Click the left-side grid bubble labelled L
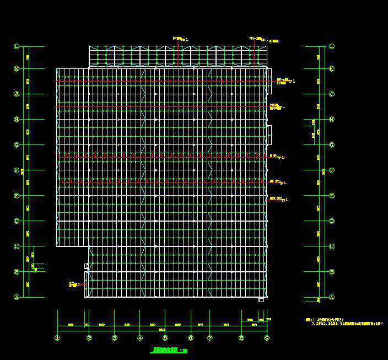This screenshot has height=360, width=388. (x=17, y=47)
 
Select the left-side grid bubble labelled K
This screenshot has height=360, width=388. (x=17, y=69)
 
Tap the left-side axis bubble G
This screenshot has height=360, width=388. (x=17, y=145)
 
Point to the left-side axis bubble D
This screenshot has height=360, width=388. (x=17, y=221)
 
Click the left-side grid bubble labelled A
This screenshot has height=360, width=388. (x=17, y=297)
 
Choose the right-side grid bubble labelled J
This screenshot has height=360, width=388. (x=332, y=94)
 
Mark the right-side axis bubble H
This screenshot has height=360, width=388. (x=332, y=120)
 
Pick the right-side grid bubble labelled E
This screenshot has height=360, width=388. (x=332, y=196)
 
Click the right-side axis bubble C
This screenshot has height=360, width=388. (x=332, y=246)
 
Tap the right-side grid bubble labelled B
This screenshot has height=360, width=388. (x=332, y=272)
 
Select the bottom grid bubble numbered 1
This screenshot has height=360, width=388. (x=57, y=338)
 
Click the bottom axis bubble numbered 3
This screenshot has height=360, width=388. (x=114, y=338)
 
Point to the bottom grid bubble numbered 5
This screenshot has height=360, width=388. (x=165, y=338)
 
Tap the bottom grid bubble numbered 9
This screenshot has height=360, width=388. (x=267, y=338)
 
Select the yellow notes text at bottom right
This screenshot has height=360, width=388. (x=339, y=322)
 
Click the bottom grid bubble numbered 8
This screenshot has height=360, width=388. (x=241, y=338)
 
